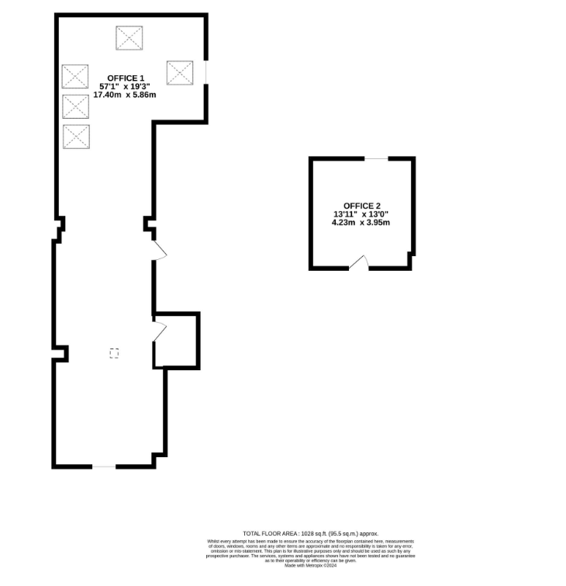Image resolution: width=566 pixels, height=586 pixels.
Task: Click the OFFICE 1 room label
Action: (x=125, y=78)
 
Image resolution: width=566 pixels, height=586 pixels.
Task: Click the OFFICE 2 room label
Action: (x=361, y=205)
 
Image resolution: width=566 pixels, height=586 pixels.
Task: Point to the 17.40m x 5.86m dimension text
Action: (x=125, y=95)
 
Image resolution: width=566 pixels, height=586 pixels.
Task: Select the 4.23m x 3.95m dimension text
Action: (x=361, y=222)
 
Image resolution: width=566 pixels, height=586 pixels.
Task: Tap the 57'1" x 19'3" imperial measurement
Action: (x=125, y=86)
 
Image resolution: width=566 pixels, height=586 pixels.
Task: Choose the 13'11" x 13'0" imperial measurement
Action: (x=361, y=213)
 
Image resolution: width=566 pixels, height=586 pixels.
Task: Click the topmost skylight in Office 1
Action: (x=129, y=37)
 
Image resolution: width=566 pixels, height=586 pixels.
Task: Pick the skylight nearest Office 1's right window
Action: (x=180, y=73)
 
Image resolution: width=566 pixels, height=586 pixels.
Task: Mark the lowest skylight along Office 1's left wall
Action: (x=76, y=137)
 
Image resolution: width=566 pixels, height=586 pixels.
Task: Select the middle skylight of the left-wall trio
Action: (x=76, y=107)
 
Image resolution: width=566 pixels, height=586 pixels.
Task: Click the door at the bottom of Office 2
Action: (x=359, y=263)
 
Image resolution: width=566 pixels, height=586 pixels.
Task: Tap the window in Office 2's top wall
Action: (x=377, y=158)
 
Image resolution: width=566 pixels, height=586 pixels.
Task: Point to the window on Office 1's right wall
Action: (x=206, y=72)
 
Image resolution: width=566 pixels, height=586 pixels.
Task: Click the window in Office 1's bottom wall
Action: (x=104, y=466)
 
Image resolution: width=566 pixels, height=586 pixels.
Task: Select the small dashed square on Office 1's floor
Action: (x=115, y=353)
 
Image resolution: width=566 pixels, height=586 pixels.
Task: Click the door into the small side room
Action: (x=160, y=329)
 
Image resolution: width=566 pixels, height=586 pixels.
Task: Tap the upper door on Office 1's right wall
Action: (x=159, y=249)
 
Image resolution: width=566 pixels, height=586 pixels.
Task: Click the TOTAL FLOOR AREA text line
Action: (x=310, y=533)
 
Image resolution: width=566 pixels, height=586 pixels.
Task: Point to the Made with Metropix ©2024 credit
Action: (x=310, y=566)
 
